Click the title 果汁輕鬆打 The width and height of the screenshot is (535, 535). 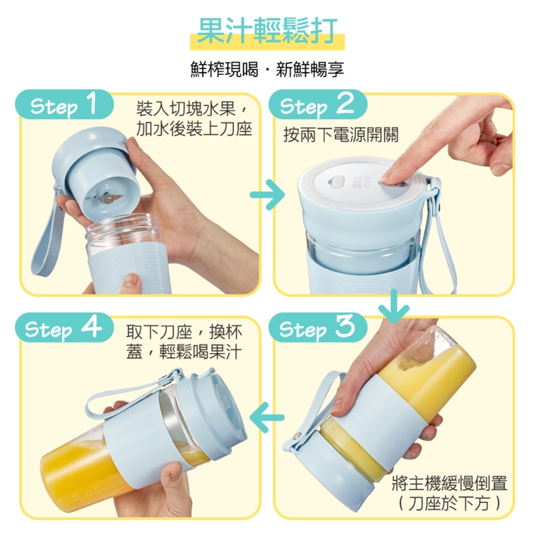click(267, 31)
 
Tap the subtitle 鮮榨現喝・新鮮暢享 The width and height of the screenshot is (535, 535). click(267, 69)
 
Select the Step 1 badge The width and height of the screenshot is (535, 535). click(64, 104)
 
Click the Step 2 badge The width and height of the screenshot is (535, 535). click(317, 104)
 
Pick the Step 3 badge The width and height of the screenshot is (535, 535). click(317, 327)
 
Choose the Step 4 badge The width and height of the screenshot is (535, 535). click(64, 327)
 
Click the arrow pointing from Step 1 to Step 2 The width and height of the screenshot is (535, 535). click(267, 195)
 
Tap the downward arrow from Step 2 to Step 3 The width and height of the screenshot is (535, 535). click(394, 306)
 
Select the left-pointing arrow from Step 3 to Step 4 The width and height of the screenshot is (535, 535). click(267, 417)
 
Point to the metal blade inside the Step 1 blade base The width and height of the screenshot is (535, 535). click(107, 197)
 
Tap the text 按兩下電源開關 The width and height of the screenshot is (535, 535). click(341, 135)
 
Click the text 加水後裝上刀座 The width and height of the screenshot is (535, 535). click(194, 129)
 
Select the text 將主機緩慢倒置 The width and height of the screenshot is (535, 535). click(449, 483)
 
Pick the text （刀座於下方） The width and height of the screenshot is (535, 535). click(449, 503)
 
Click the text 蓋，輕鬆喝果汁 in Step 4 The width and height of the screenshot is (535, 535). click(184, 352)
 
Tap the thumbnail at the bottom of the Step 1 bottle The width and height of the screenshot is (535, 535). click(131, 281)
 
